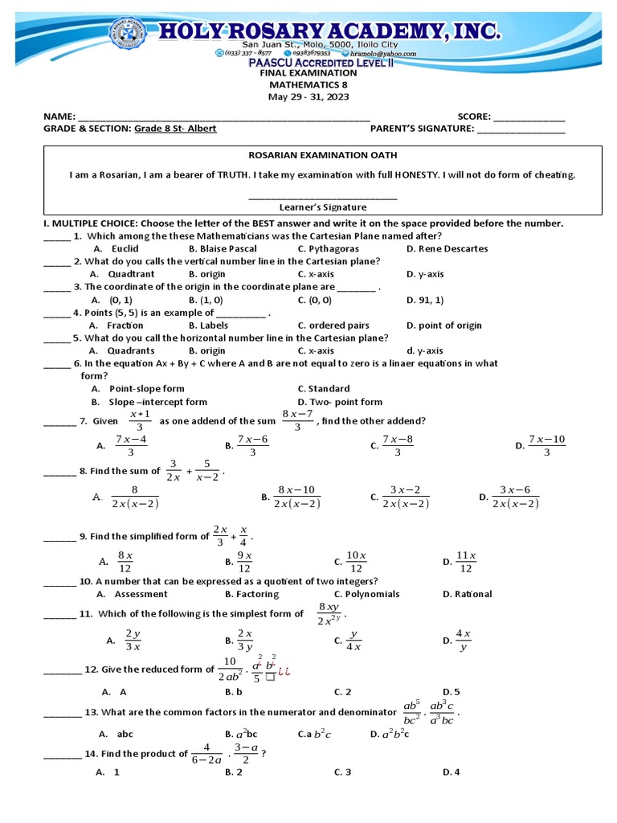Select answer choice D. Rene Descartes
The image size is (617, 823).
[447, 248]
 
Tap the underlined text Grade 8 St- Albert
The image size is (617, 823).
[174, 129]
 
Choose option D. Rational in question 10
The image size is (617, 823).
[467, 594]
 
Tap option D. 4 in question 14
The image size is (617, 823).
[450, 772]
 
